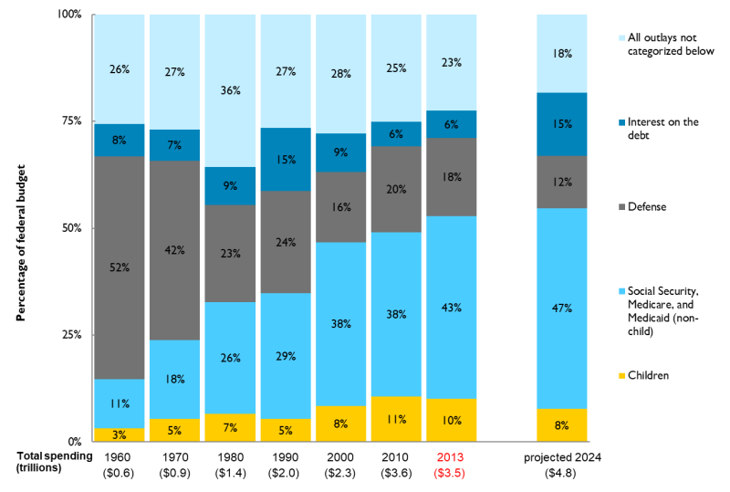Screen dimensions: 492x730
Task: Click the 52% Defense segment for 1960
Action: pos(119,267)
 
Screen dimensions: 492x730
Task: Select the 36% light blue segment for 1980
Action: pos(230,90)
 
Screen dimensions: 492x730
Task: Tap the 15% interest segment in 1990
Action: pos(286,159)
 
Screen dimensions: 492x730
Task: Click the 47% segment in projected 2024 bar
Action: pos(561,309)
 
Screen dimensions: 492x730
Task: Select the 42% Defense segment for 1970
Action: pos(174,250)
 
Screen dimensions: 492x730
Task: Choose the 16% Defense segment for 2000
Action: pos(341,207)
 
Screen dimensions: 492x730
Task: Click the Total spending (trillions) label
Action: pos(52,461)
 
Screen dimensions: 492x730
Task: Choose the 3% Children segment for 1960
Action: pos(119,434)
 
